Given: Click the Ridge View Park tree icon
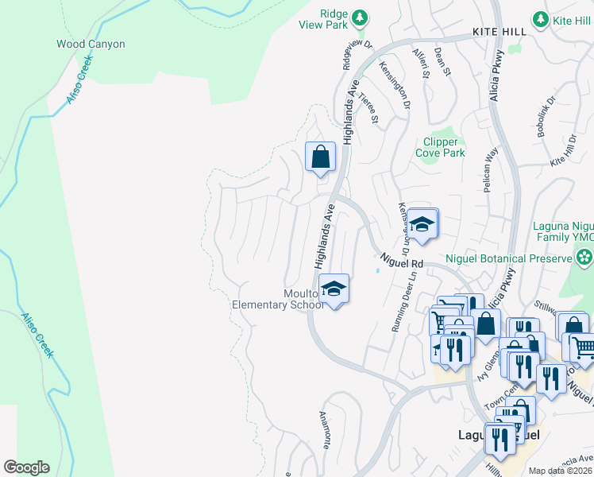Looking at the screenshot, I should [360, 17].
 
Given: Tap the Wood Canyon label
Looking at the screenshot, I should [91, 45].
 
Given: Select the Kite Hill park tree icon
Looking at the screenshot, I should [541, 17].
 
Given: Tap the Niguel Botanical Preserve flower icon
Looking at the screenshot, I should [584, 257].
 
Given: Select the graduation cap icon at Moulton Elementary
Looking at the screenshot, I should [334, 288].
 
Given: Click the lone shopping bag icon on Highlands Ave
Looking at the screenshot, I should [320, 156].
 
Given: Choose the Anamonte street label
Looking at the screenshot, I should [327, 430].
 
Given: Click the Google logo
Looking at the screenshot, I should [26, 467].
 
